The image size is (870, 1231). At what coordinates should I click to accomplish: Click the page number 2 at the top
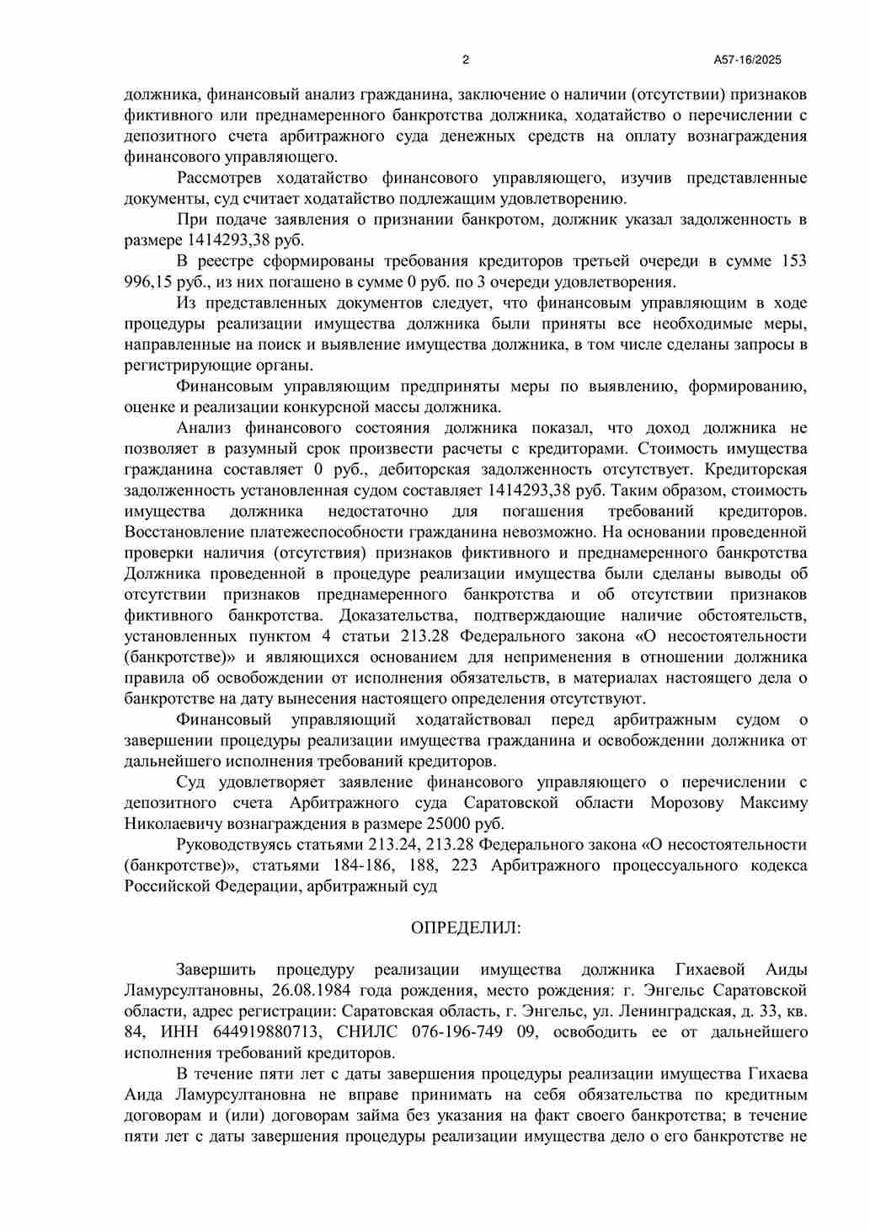465,60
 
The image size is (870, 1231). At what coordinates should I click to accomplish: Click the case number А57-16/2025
747,60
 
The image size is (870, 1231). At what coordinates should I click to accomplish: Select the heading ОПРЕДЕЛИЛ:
466,928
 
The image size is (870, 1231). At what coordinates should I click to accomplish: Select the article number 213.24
396,844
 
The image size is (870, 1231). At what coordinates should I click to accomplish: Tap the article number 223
465,865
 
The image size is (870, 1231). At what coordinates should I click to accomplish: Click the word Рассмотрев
219,178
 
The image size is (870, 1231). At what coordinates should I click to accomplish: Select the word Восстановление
184,532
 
